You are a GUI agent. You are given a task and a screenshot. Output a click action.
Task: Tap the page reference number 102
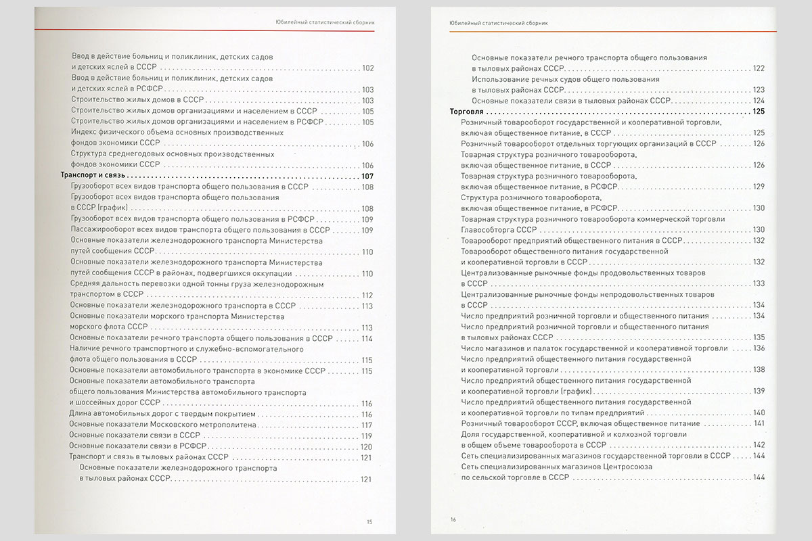click(368, 68)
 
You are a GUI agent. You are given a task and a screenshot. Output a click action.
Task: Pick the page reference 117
click(367, 425)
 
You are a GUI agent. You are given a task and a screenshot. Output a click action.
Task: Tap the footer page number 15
click(369, 521)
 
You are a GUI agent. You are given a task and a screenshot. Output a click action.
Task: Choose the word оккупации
click(273, 273)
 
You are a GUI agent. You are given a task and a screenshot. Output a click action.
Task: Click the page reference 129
click(758, 187)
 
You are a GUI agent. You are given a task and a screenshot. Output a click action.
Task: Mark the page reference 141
click(758, 423)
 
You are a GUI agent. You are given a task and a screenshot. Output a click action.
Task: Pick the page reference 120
click(367, 446)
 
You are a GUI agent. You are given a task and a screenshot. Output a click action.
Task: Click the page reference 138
click(758, 369)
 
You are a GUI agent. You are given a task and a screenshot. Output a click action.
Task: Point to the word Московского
click(172, 425)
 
